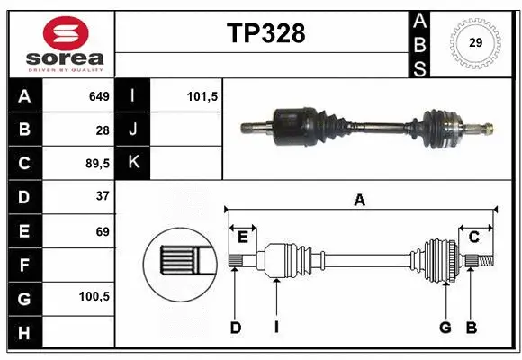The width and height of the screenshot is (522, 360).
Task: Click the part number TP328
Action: click(265, 34)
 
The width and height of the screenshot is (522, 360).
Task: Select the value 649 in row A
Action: click(98, 96)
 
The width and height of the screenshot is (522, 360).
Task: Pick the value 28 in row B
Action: click(102, 130)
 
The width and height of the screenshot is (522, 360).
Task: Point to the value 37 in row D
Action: click(102, 196)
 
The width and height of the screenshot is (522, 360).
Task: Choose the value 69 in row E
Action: click(102, 230)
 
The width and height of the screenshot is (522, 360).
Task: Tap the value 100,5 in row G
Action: click(94, 296)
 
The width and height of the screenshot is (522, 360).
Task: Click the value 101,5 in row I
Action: click(202, 96)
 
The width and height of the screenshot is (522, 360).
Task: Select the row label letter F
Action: click(23, 264)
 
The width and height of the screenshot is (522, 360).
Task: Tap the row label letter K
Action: click(133, 163)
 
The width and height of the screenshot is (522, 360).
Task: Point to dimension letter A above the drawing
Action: click(359, 201)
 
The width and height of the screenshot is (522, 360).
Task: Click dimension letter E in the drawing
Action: click(242, 237)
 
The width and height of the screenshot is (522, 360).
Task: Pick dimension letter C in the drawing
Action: click(473, 237)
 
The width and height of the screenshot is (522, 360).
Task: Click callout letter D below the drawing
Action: click(235, 328)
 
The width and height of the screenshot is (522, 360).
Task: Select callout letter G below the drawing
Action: click(445, 328)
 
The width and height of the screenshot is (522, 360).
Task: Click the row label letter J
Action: click(133, 130)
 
